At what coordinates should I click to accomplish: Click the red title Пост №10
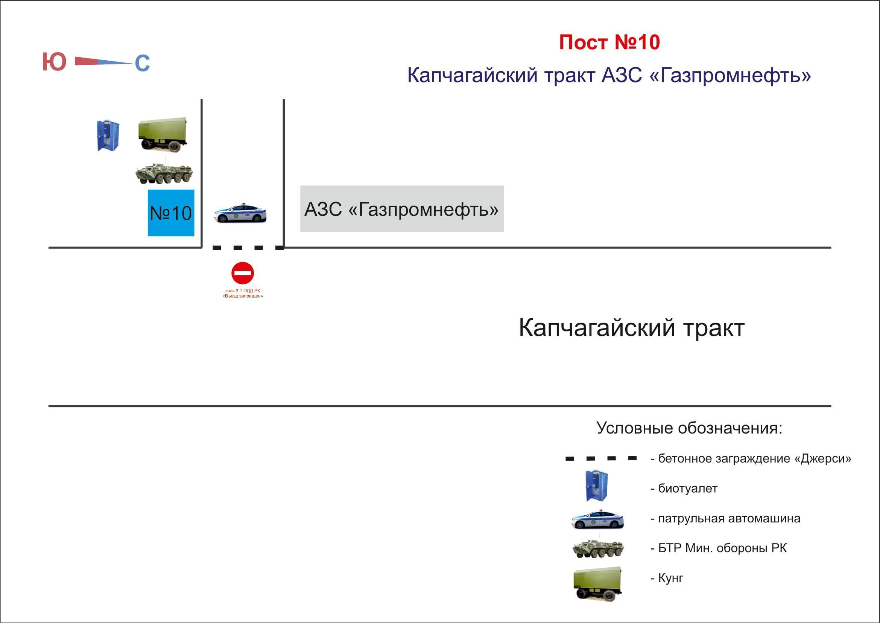(609, 42)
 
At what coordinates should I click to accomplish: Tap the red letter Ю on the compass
(54, 62)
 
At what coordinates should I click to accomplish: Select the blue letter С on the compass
(142, 63)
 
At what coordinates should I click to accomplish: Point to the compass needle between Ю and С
(102, 61)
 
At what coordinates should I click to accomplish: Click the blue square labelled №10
(171, 213)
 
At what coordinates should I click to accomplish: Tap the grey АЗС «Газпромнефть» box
(402, 209)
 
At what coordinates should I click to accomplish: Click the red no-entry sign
(243, 273)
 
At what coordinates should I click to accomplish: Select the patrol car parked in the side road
(240, 212)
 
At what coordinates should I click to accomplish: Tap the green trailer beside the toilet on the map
(163, 134)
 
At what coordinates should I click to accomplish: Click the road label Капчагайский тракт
(632, 328)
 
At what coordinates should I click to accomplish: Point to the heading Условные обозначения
(689, 428)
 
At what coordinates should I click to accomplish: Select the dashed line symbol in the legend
(601, 458)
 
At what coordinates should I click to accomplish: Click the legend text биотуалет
(688, 489)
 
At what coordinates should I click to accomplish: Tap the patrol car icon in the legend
(597, 519)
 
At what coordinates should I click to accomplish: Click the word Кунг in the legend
(670, 578)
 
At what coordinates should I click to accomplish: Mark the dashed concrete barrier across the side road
(248, 248)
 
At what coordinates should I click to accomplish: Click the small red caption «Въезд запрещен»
(243, 296)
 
